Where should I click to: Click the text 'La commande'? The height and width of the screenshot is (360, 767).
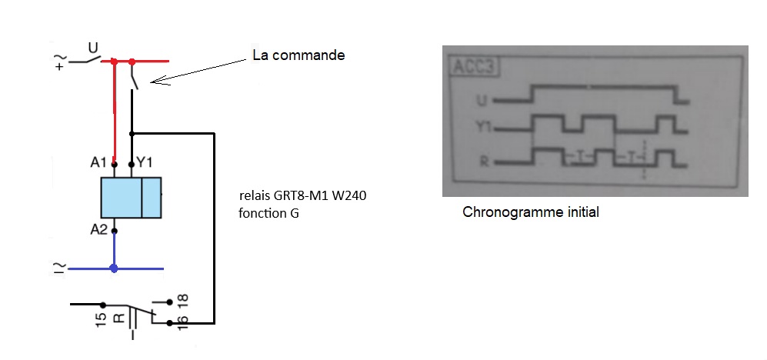pyautogui.click(x=298, y=55)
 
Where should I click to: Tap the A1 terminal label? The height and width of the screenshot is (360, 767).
pyautogui.click(x=98, y=162)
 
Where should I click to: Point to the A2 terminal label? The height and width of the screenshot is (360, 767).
pyautogui.click(x=98, y=228)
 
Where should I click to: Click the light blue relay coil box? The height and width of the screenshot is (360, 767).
pyautogui.click(x=131, y=197)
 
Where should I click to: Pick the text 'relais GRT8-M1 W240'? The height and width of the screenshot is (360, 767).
pyautogui.click(x=303, y=197)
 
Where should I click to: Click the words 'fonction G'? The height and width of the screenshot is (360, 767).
pyautogui.click(x=269, y=213)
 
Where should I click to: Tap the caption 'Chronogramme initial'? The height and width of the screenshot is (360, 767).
pyautogui.click(x=531, y=213)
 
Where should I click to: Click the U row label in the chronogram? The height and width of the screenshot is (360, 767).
pyautogui.click(x=482, y=102)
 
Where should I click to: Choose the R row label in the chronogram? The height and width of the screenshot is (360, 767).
pyautogui.click(x=484, y=162)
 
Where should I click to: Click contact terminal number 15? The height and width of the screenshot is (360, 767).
pyautogui.click(x=101, y=320)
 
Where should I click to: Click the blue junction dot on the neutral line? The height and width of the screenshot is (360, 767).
pyautogui.click(x=114, y=268)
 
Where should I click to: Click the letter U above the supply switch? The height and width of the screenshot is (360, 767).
pyautogui.click(x=92, y=48)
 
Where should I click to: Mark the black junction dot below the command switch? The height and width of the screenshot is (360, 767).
pyautogui.click(x=132, y=133)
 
